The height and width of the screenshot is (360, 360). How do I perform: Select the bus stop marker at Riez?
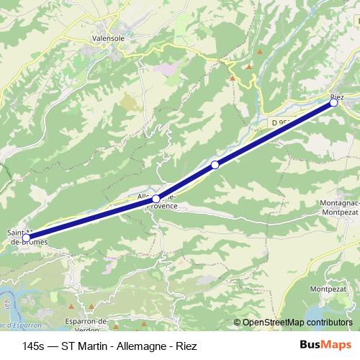click(x=334, y=103)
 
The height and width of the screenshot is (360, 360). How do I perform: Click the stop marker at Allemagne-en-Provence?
click(x=156, y=199)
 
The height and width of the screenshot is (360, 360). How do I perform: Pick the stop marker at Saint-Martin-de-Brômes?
click(x=27, y=238)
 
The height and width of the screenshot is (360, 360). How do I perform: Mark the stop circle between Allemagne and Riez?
click(x=215, y=166)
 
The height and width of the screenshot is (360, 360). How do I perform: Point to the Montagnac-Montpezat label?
click(x=338, y=209)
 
